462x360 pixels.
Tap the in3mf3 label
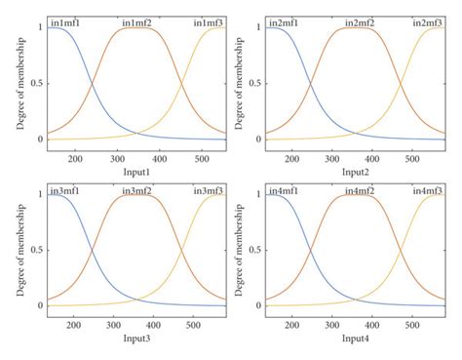pyautogui.click(x=209, y=189)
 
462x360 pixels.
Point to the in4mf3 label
pyautogui.click(x=428, y=189)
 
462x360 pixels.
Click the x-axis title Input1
pyautogui.click(x=136, y=171)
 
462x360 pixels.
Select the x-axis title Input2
pyautogui.click(x=355, y=171)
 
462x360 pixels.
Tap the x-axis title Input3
pyautogui.click(x=136, y=338)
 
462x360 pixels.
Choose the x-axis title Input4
pyautogui.click(x=355, y=338)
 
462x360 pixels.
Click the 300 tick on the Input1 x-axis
pyautogui.click(x=116, y=156)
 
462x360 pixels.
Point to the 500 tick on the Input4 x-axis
pyautogui.click(x=412, y=323)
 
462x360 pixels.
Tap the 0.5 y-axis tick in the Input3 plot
pyautogui.click(x=34, y=250)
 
